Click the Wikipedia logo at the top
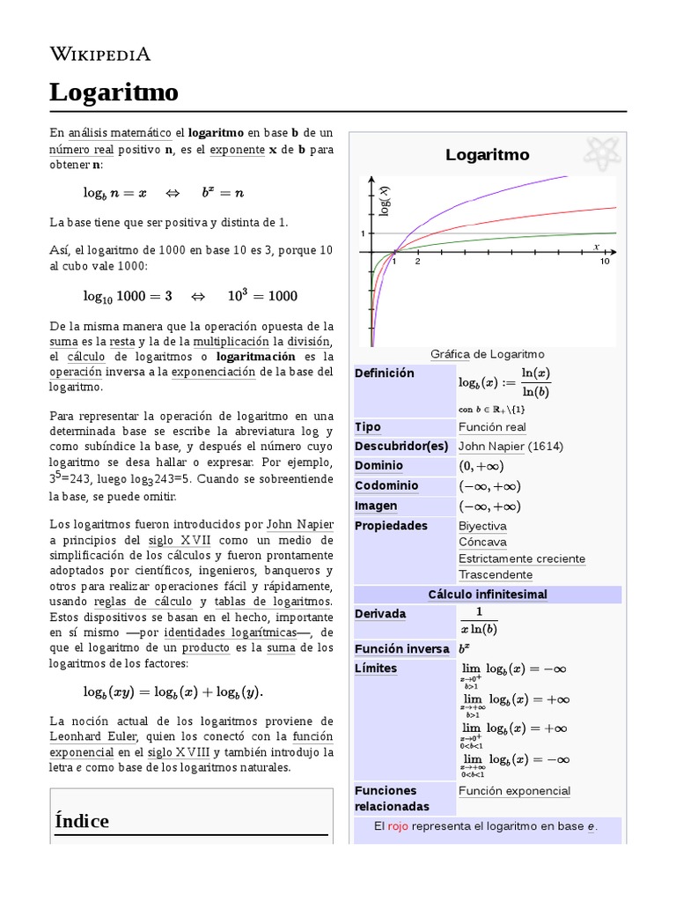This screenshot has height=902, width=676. click(x=99, y=54)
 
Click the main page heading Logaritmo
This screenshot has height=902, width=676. click(x=114, y=92)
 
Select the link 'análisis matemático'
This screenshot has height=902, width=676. click(x=120, y=133)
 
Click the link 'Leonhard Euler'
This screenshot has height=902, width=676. click(x=94, y=736)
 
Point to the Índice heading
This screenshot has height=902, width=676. click(x=82, y=821)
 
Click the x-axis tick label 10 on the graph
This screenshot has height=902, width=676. click(x=605, y=262)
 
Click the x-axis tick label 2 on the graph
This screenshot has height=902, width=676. click(x=417, y=262)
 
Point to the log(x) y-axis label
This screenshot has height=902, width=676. click(x=385, y=202)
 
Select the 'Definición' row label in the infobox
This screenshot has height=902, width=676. click(x=384, y=373)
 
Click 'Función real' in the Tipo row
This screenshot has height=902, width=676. click(x=492, y=427)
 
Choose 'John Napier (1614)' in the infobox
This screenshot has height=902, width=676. click(x=511, y=447)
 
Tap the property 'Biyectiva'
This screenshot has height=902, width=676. click(x=482, y=526)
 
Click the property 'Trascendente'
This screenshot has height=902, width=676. click(x=495, y=574)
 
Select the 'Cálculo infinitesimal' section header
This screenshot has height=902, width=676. click(x=487, y=595)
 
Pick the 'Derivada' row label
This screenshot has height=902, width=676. click(x=380, y=613)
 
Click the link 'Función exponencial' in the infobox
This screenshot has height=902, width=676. click(x=514, y=791)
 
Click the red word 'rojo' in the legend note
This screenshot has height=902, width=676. click(x=398, y=827)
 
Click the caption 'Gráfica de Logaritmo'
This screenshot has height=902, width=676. click(x=487, y=354)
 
